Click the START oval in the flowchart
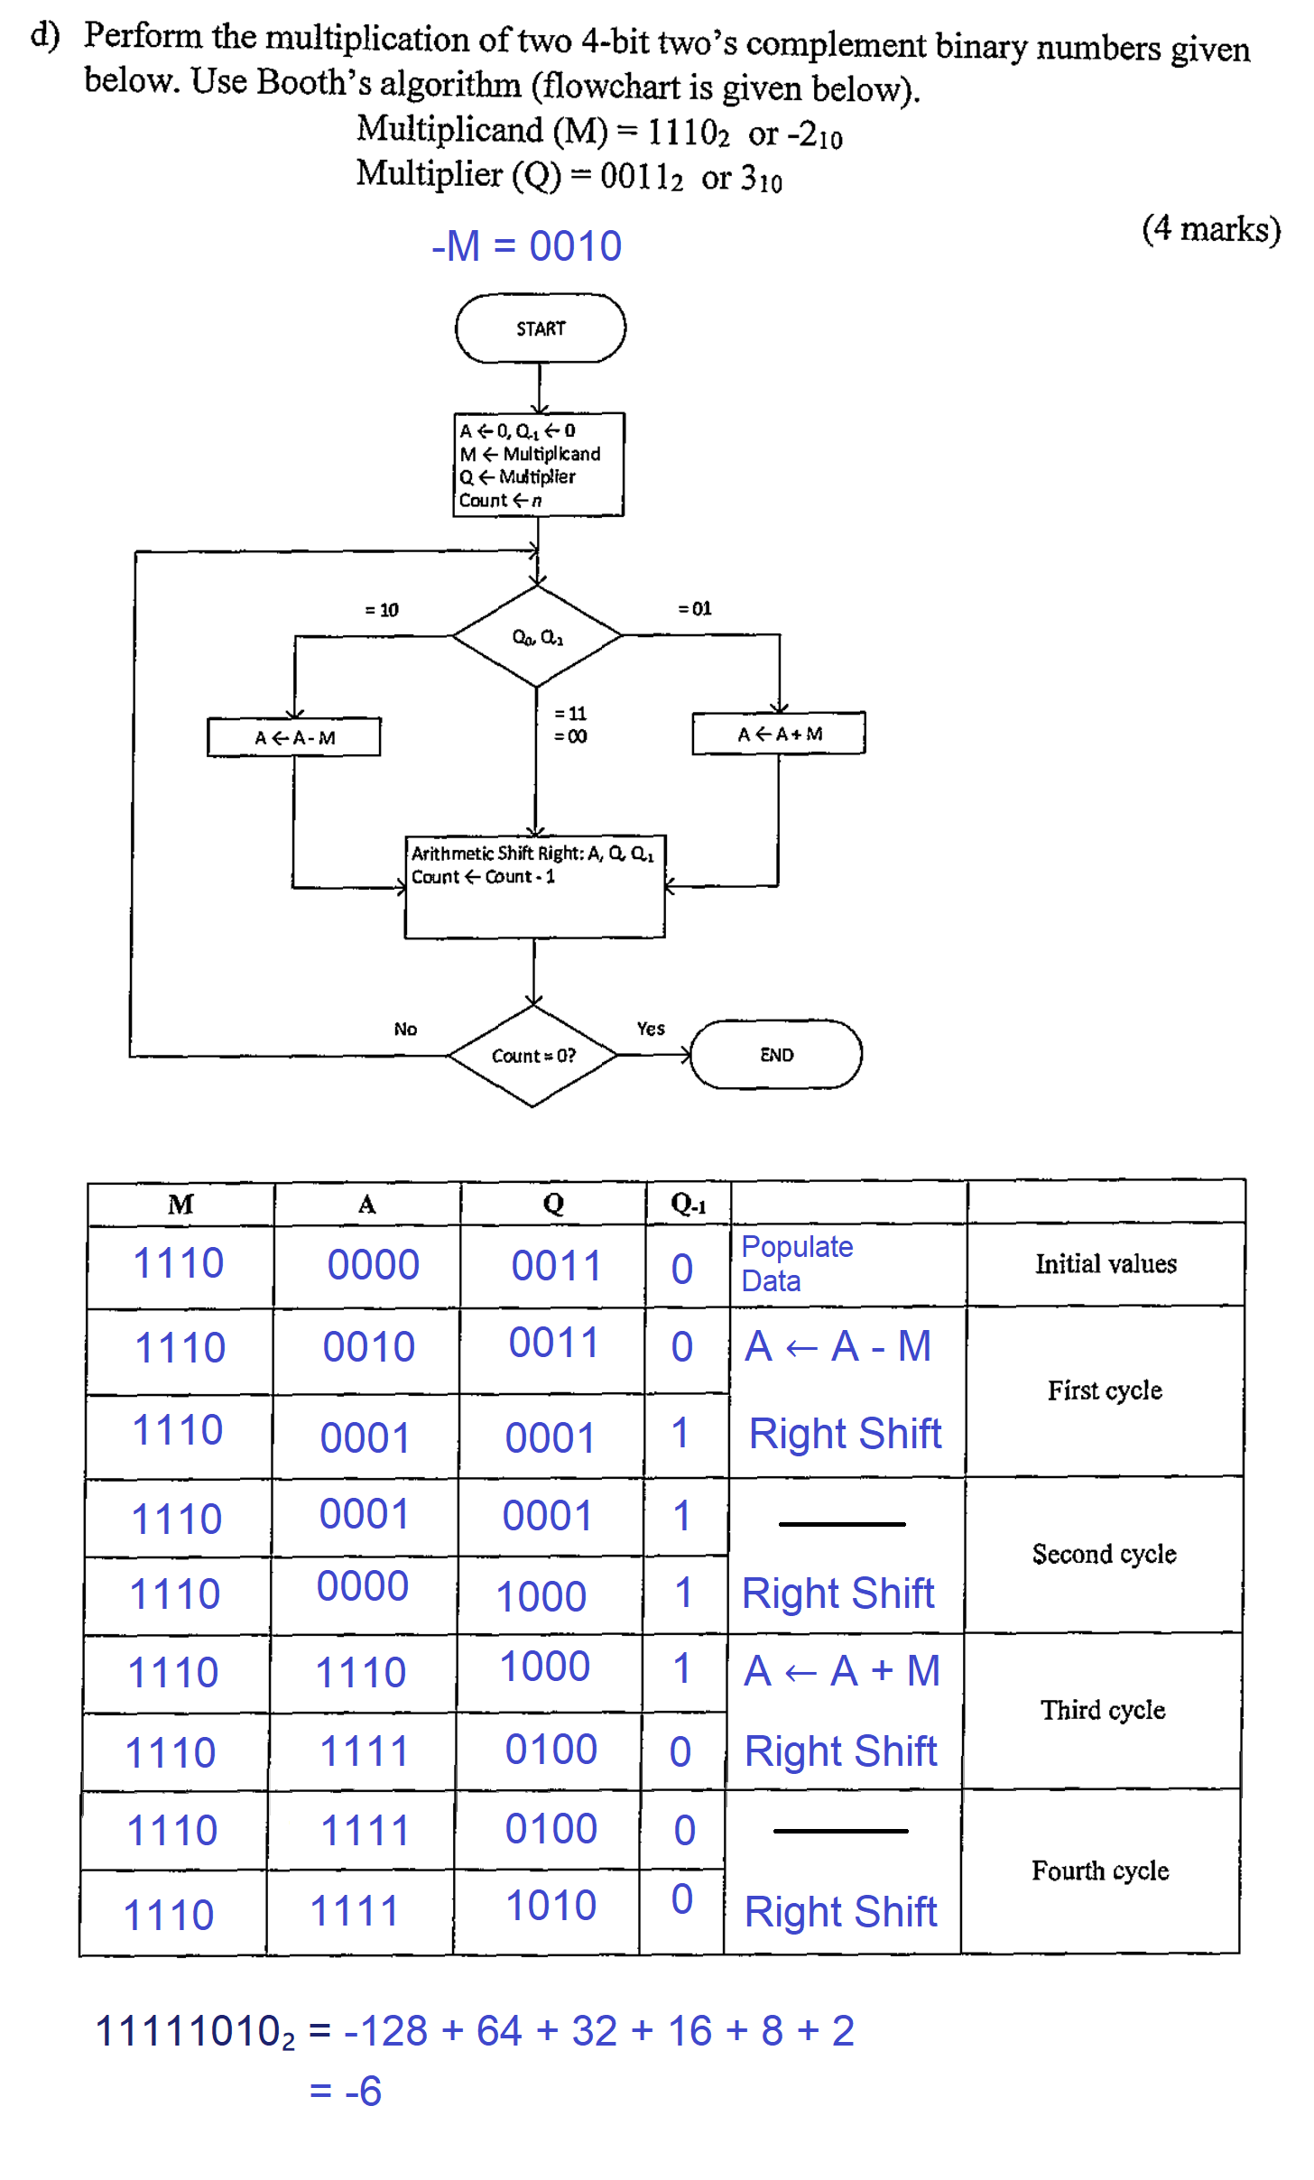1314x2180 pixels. pos(540,328)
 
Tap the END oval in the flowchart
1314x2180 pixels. pos(776,1055)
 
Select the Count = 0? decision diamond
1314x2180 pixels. pos(533,1056)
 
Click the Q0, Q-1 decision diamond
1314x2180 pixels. pos(537,637)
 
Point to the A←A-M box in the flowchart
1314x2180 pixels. pos(294,737)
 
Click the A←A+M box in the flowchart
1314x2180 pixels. pos(779,734)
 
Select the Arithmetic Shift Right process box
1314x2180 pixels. pos(534,887)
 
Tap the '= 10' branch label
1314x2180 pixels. pos(382,610)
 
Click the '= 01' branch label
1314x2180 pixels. pos(695,609)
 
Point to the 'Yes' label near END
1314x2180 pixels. pos(650,1029)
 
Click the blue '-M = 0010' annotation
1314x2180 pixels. pos(526,246)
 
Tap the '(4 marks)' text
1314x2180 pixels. pos(1210,229)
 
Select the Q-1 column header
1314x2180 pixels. pos(688,1204)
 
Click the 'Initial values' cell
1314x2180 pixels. pos(1106,1264)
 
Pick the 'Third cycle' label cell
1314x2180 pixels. pos(1102,1711)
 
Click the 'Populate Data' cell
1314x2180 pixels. pos(797,1263)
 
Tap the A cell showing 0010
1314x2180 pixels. pos(368,1347)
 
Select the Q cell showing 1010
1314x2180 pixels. pos(551,1906)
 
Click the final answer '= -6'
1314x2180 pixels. pos(346,2091)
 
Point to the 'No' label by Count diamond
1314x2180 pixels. pos(405,1030)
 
